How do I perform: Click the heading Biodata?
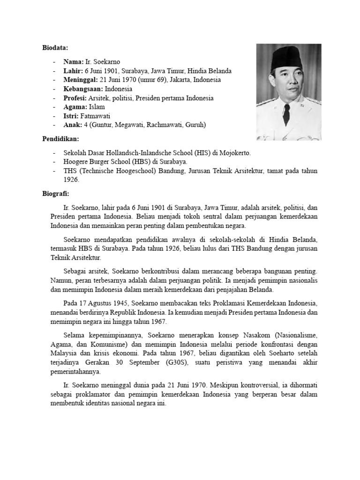pyautogui.click(x=56, y=48)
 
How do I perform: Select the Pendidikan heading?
pyautogui.click(x=60, y=139)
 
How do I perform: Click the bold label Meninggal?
pyautogui.click(x=80, y=80)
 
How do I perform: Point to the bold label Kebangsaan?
pyautogui.click(x=83, y=89)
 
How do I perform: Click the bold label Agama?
pyautogui.click(x=75, y=107)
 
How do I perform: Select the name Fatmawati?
pyautogui.click(x=96, y=116)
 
